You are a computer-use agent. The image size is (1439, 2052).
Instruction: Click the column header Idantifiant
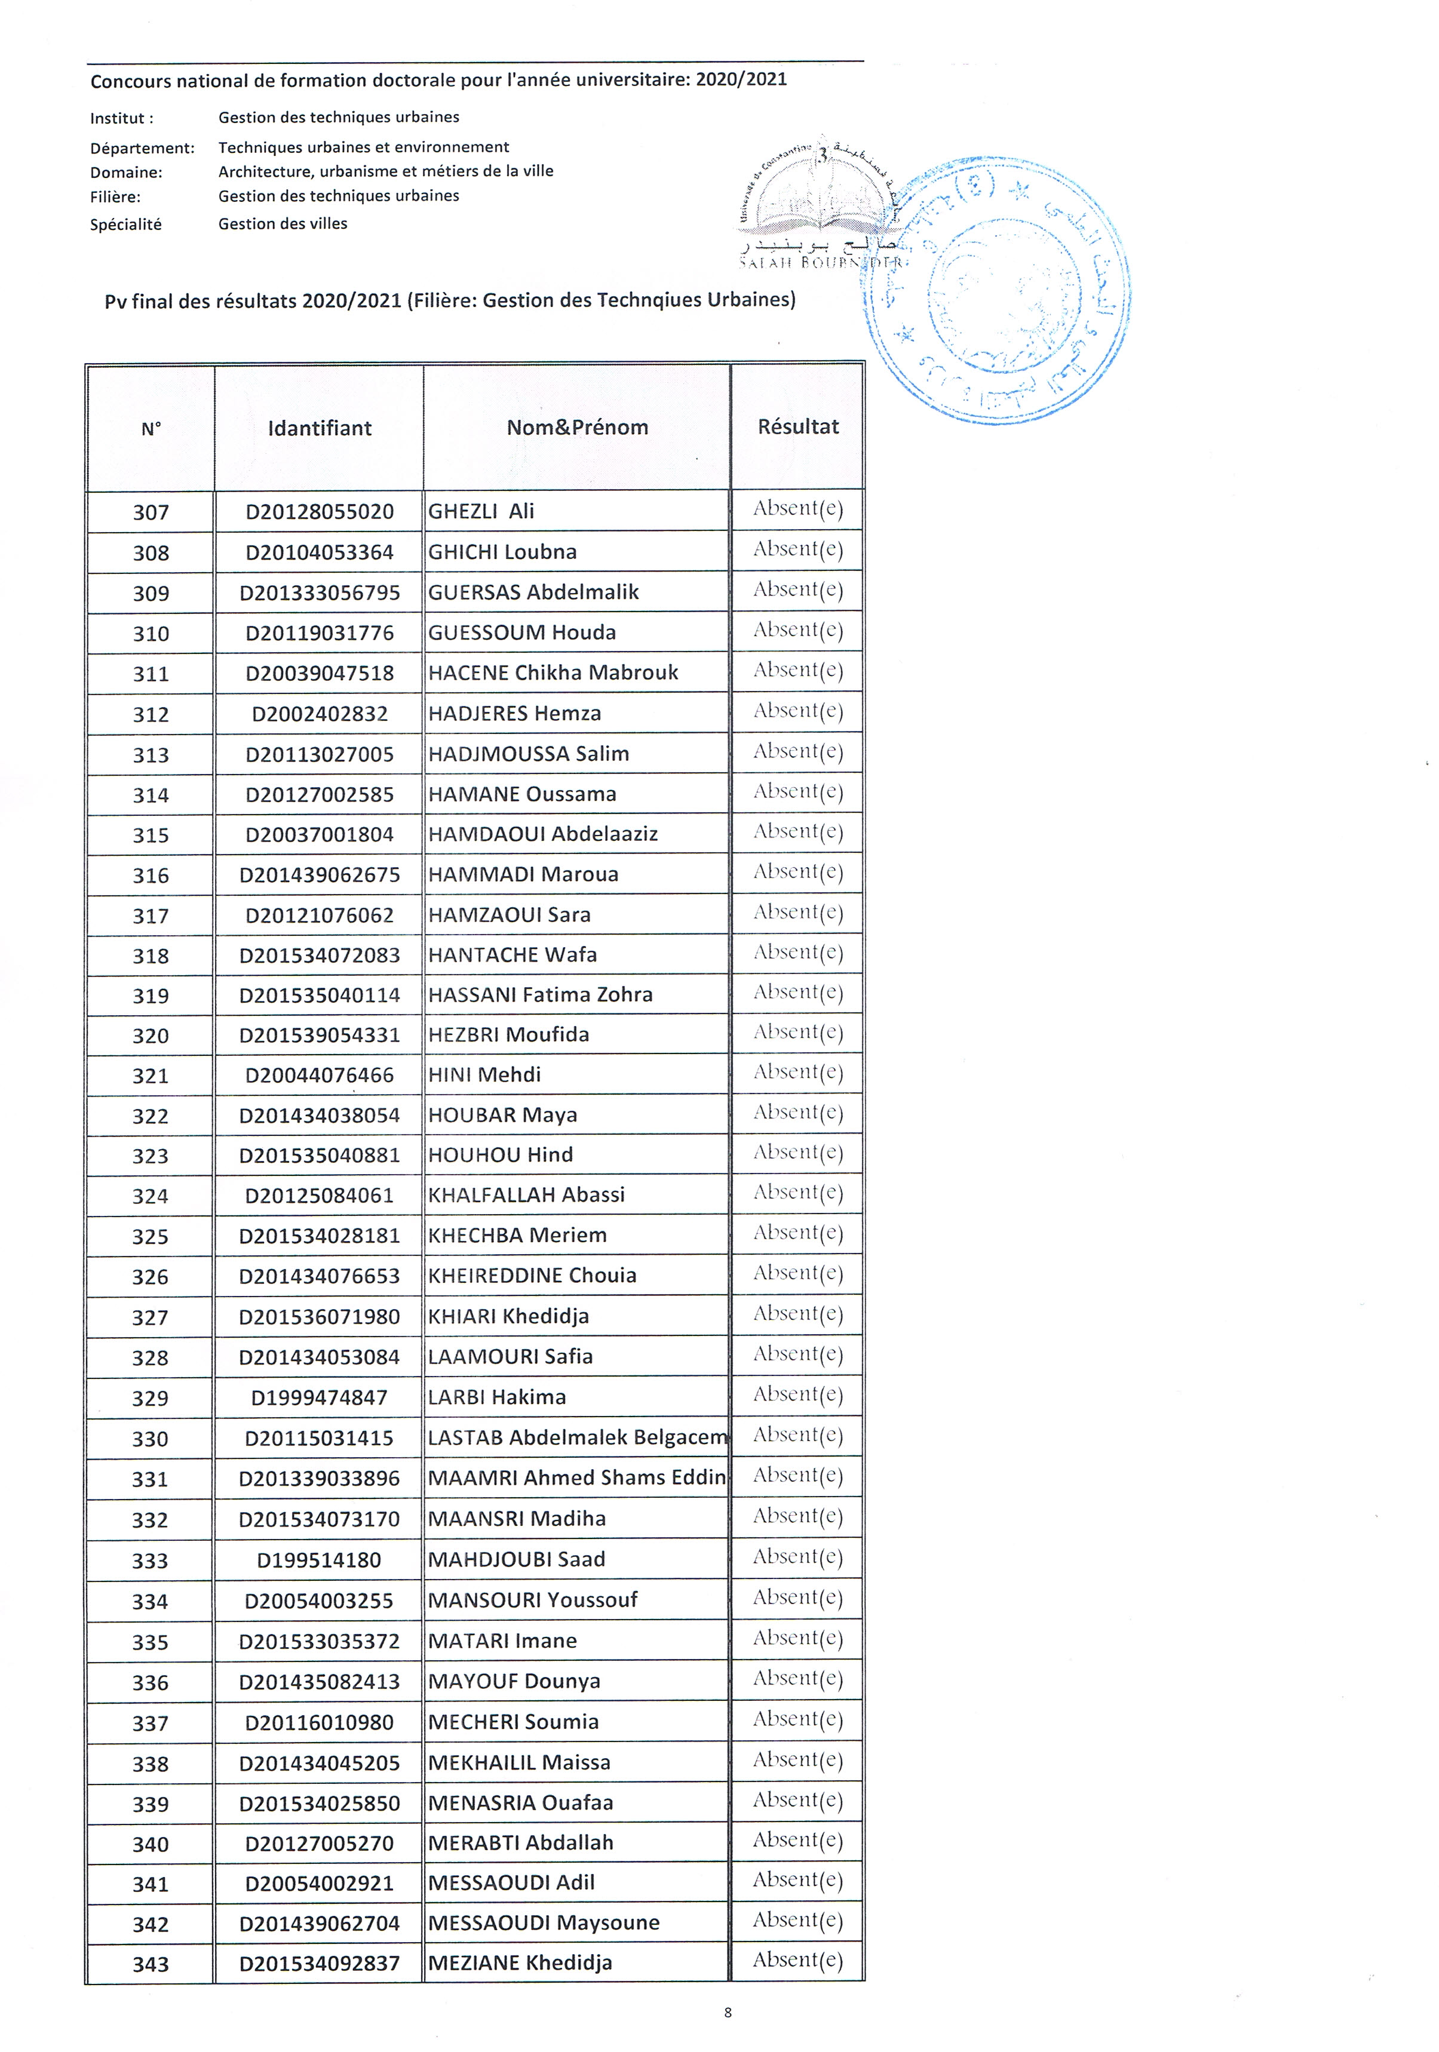(319, 428)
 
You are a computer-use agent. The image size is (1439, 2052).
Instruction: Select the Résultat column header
(797, 426)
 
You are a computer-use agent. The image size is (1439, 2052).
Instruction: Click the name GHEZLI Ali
(481, 511)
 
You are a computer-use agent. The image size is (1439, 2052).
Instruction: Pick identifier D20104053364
(319, 552)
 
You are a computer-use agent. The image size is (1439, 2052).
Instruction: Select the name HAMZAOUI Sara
(508, 914)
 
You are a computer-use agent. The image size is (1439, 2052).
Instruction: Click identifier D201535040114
(319, 995)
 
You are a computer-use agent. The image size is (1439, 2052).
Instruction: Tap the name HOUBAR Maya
(502, 1114)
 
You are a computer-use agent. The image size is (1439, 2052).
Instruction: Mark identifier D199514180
(319, 1559)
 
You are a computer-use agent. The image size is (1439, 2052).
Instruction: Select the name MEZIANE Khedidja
(519, 1962)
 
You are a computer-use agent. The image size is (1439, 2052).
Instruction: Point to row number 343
(150, 1964)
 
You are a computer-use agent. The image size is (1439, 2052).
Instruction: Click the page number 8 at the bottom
(728, 2013)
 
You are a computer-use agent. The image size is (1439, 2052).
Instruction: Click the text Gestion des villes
(283, 223)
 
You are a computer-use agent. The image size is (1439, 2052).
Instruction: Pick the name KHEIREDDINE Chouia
(532, 1276)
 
